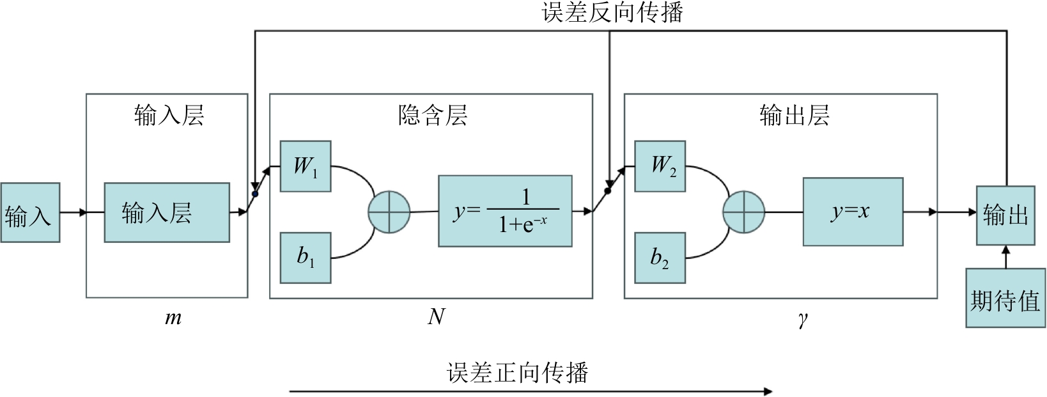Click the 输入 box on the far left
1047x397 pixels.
click(30, 212)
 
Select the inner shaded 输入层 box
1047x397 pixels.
click(167, 212)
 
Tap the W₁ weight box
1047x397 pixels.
click(306, 166)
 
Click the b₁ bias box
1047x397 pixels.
click(306, 258)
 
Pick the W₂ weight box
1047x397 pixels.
click(660, 166)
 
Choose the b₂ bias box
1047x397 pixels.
click(660, 258)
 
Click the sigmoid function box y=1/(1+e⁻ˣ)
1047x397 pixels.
click(505, 210)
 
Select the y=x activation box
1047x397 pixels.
click(853, 212)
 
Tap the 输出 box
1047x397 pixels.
click(1005, 215)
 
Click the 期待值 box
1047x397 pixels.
click(1005, 299)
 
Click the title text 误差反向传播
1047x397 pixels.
click(612, 13)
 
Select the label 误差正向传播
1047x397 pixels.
click(517, 373)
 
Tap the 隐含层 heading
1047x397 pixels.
click(433, 116)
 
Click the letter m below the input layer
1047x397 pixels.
click(173, 318)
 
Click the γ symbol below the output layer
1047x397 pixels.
click(802, 319)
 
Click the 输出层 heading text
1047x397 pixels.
click(795, 116)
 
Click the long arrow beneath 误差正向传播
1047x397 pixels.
click(531, 391)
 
